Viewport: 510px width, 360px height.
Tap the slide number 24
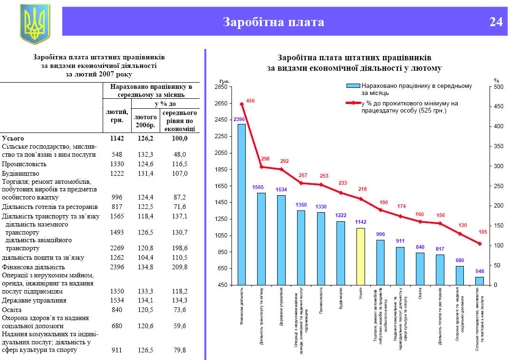click(496, 22)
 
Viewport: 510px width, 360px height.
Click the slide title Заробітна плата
click(273, 22)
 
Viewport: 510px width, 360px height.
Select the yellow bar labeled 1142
click(360, 256)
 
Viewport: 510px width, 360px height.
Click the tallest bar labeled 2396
click(241, 204)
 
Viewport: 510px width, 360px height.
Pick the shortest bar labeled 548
click(479, 281)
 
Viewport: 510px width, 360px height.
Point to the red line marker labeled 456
click(241, 104)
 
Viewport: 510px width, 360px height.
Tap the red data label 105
click(483, 232)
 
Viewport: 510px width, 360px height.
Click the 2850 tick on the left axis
click(221, 87)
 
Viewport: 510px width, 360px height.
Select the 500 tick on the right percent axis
click(498, 87)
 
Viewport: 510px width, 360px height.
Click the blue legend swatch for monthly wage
click(353, 86)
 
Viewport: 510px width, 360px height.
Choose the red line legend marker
click(353, 103)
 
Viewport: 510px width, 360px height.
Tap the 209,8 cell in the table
click(180, 267)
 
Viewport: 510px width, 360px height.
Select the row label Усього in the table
click(13, 138)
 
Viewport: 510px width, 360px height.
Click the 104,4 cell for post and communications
click(145, 257)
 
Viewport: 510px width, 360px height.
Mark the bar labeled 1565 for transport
click(261, 239)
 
